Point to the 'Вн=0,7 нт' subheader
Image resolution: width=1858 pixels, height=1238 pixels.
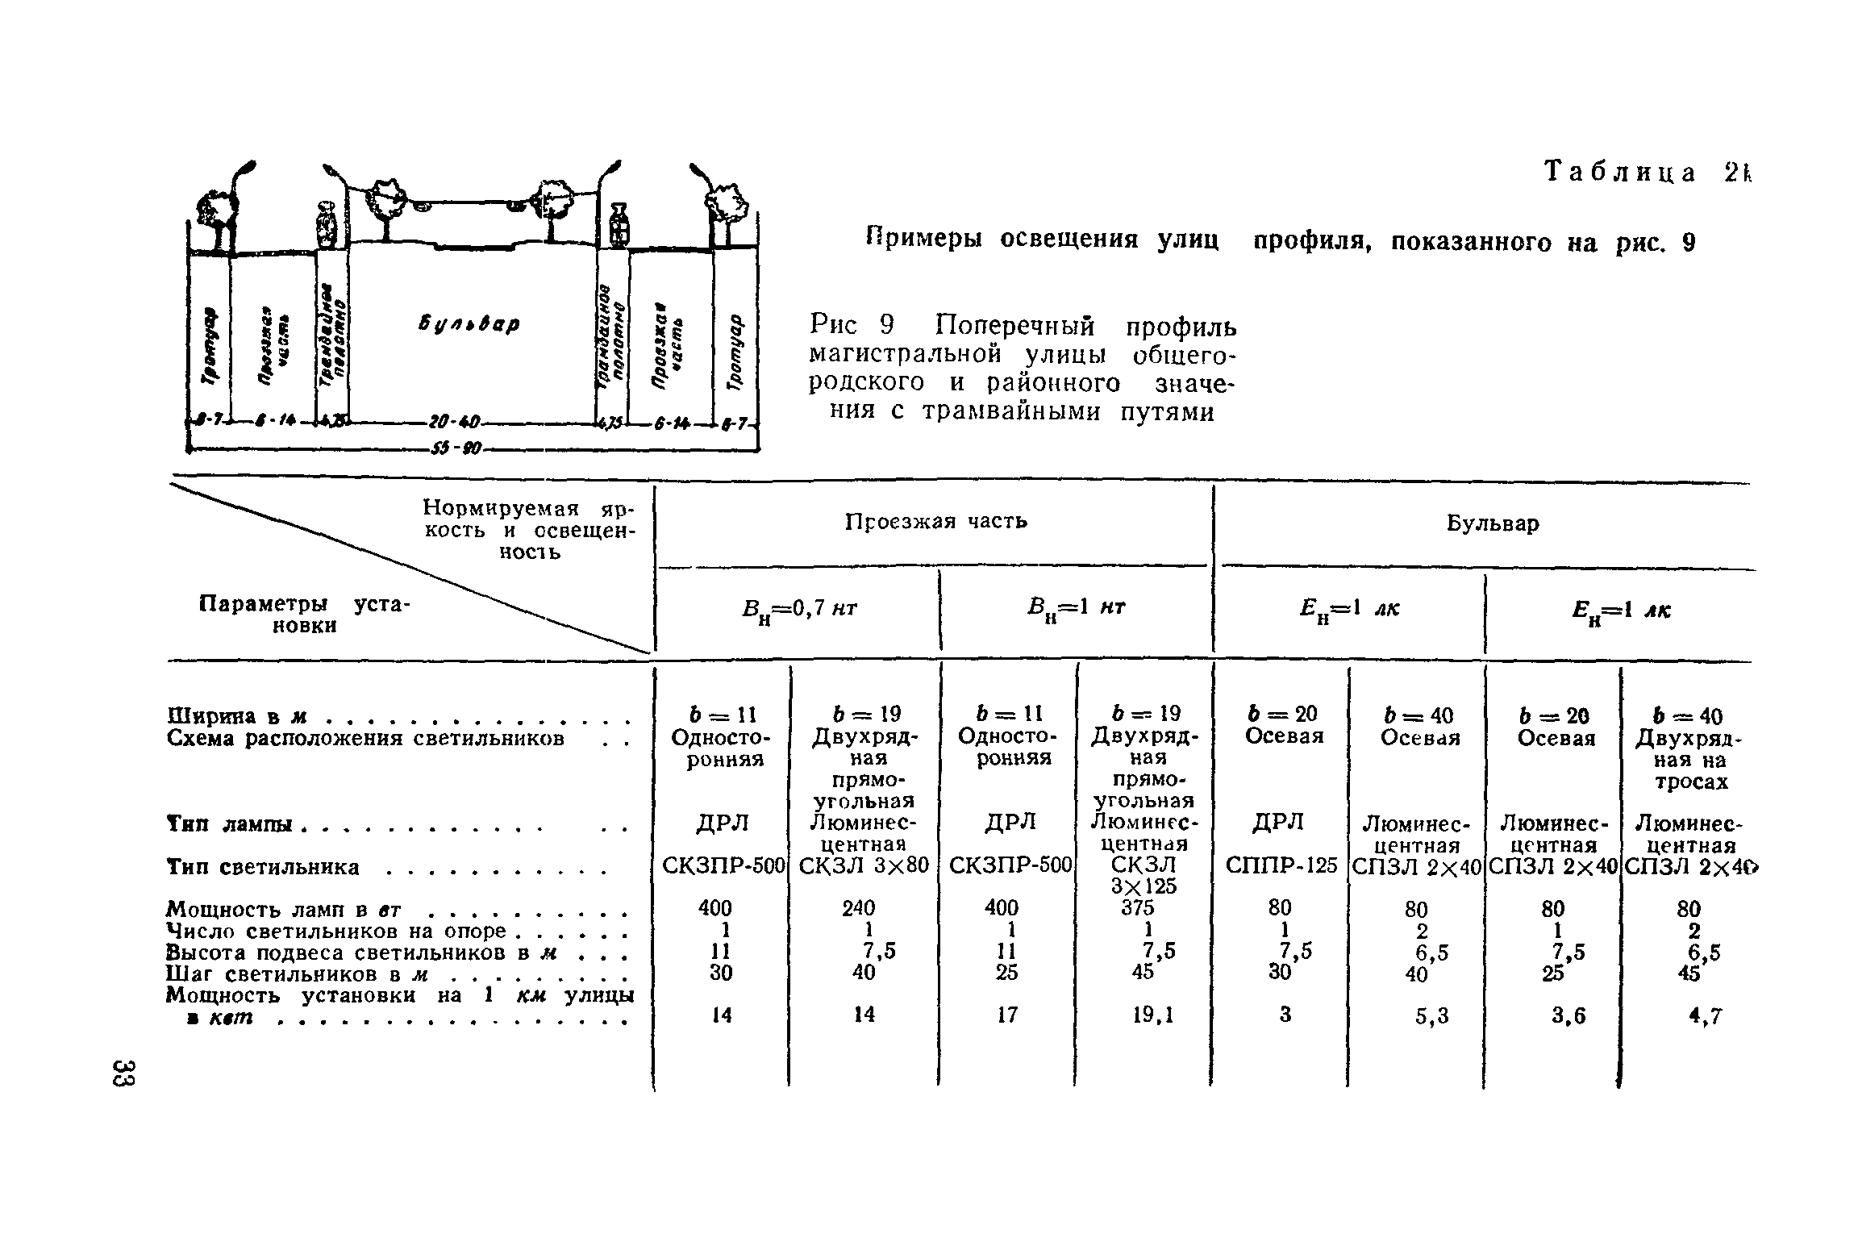coord(798,611)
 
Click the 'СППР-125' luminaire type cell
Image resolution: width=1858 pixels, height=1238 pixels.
coord(1281,865)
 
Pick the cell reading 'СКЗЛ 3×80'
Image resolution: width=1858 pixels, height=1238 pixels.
coord(863,865)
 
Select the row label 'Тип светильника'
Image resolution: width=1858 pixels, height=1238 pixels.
coord(263,867)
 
